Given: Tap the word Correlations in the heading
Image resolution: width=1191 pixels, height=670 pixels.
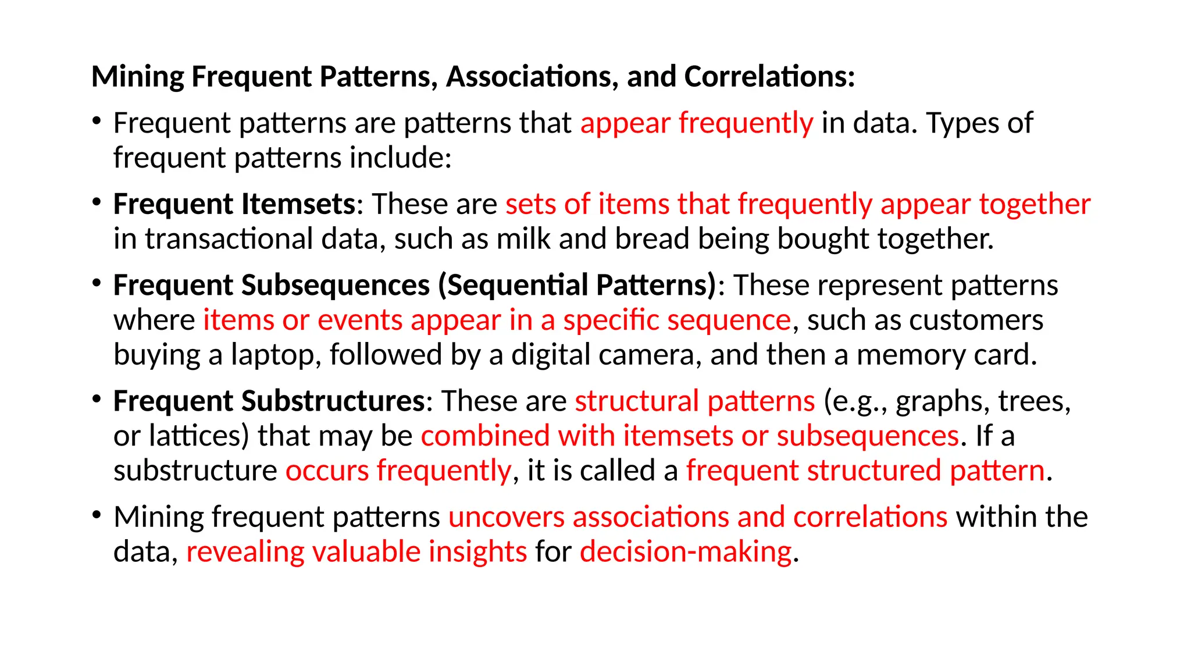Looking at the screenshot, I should coord(769,77).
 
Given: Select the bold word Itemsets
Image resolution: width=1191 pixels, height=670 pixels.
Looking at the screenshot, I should coord(298,204).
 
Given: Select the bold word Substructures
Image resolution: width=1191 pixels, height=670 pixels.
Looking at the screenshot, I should coord(333,401).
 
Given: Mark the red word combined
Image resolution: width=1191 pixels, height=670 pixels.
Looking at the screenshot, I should coord(485,436).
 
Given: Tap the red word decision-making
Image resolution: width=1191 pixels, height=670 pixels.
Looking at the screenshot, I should coord(686,552).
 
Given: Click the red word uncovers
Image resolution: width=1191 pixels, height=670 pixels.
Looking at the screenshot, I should coord(507,517).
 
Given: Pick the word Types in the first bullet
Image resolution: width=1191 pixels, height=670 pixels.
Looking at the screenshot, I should coord(959,123).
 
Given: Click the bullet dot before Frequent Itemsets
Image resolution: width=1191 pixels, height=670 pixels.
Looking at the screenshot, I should coord(97,202).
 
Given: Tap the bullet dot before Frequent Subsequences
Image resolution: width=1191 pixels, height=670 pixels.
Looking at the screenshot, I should coord(97,283).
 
